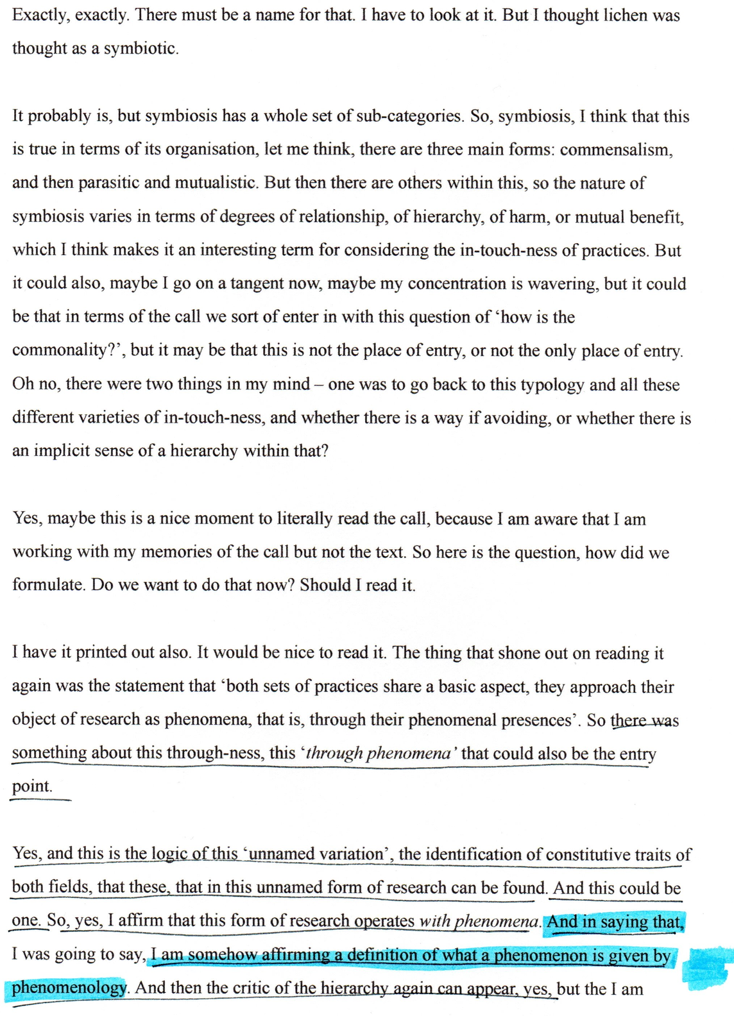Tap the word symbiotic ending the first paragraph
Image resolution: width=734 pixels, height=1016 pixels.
[140, 49]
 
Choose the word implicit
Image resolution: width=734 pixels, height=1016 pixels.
[62, 451]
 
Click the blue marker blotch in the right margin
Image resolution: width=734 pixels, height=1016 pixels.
[707, 967]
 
